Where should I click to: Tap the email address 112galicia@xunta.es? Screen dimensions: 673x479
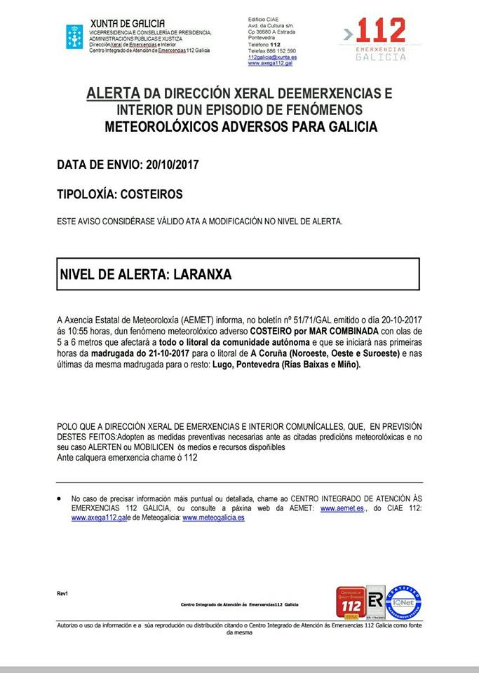(272, 57)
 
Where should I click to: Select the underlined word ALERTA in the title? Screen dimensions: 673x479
(112, 93)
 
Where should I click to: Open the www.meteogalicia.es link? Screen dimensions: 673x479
(213, 518)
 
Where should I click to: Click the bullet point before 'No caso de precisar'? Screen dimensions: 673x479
(60, 497)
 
